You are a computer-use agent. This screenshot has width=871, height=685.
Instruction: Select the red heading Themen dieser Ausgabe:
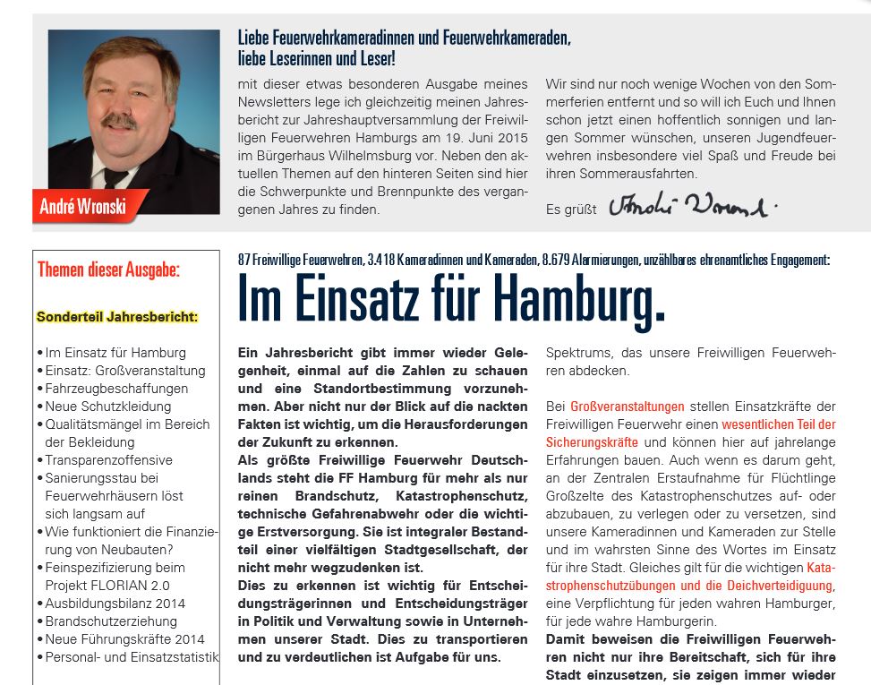108,270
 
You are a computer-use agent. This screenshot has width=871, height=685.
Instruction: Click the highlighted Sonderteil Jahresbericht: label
117,317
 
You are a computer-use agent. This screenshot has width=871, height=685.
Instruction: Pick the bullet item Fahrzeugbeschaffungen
116,389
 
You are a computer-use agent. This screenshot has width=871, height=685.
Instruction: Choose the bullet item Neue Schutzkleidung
108,407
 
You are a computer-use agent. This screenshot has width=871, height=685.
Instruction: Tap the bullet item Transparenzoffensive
108,460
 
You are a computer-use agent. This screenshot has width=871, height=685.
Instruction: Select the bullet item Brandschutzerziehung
111,621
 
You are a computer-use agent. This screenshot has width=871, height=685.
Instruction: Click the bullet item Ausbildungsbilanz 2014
115,604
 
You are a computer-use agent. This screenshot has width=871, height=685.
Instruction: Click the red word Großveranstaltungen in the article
627,407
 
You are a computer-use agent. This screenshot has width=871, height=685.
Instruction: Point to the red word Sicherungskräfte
592,442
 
